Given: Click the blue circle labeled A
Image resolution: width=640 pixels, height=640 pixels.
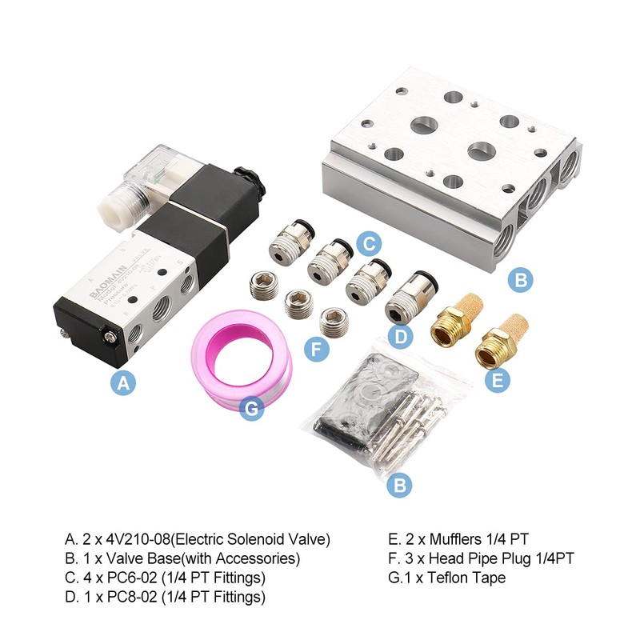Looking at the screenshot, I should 122,383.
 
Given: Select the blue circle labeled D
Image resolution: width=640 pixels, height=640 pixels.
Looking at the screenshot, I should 400,338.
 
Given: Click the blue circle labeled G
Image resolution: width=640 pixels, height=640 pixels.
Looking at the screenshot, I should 252,410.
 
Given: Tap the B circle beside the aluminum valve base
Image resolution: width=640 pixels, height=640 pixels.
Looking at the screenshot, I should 520,279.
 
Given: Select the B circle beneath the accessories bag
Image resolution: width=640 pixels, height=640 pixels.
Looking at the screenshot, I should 399,485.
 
